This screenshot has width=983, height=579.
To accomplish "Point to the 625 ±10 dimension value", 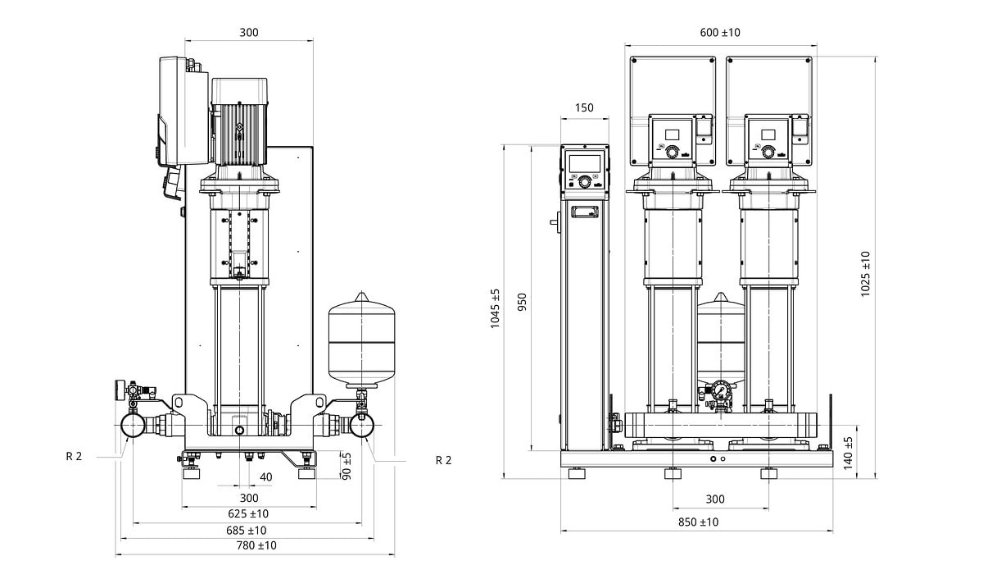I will pyautogui.click(x=248, y=513).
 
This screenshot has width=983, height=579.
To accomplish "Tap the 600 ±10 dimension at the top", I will pyautogui.click(x=720, y=33).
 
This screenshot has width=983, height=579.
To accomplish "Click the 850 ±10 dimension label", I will pyautogui.click(x=698, y=522).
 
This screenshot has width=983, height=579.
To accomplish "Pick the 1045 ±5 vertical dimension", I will pyautogui.click(x=495, y=309).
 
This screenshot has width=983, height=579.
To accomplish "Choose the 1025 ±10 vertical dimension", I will pyautogui.click(x=866, y=274).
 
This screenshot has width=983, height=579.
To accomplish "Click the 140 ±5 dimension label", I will pyautogui.click(x=849, y=452).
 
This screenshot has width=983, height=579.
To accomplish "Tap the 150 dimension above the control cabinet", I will pyautogui.click(x=585, y=107).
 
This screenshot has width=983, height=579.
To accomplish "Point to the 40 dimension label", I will pyautogui.click(x=265, y=477).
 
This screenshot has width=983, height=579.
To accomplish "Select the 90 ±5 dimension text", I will pyautogui.click(x=347, y=466).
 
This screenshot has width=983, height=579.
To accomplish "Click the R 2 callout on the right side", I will pyautogui.click(x=443, y=460).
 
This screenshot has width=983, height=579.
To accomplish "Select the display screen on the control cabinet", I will pyautogui.click(x=585, y=163).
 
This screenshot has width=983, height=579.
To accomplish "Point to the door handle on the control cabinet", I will pyautogui.click(x=585, y=213).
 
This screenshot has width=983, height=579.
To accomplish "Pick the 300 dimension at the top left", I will pyautogui.click(x=249, y=33).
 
